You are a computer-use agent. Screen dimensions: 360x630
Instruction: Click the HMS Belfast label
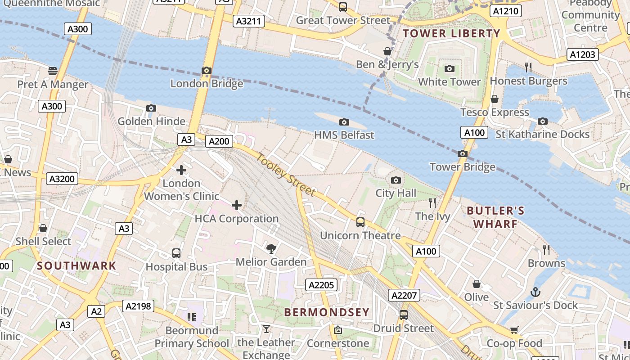(x=344, y=135)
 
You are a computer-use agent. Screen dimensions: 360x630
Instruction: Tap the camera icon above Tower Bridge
(x=462, y=154)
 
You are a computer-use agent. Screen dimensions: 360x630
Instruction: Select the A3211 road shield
(x=248, y=21)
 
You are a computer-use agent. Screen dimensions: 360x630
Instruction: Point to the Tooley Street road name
(x=286, y=175)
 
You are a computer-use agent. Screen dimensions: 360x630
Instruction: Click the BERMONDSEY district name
(x=327, y=312)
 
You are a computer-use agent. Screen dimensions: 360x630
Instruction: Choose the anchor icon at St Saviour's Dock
(x=535, y=292)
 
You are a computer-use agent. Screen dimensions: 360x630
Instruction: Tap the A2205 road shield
(x=322, y=285)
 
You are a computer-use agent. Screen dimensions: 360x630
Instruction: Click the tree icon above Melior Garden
(x=271, y=248)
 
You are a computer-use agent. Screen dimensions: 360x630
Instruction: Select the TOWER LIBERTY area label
(x=451, y=33)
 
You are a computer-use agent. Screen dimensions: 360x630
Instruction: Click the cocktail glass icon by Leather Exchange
(x=266, y=329)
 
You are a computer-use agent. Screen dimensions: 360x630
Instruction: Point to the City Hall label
(x=396, y=193)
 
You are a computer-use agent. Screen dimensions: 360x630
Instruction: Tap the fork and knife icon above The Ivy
(x=432, y=203)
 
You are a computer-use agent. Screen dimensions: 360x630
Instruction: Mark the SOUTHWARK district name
(x=76, y=265)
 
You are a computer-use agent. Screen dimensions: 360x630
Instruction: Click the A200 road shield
(x=219, y=141)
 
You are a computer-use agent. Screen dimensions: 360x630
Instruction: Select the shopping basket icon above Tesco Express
(x=495, y=99)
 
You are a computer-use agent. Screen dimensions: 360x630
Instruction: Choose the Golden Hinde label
(x=151, y=121)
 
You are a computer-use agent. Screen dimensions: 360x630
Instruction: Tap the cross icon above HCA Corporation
(x=237, y=206)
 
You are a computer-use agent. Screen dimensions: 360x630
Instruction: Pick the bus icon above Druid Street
(x=404, y=315)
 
